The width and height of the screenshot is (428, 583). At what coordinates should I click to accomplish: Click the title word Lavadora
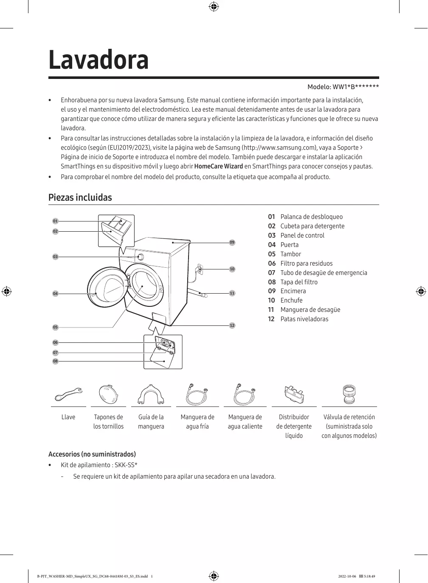pyautogui.click(x=99, y=60)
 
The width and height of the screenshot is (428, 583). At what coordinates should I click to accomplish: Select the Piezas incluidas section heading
pyautogui.click(x=80, y=197)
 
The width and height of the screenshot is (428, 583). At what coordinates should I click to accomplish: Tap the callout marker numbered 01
pyautogui.click(x=55, y=221)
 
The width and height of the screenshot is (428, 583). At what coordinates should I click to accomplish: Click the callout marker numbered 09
pyautogui.click(x=232, y=242)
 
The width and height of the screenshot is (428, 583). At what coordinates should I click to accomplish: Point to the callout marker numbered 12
pyautogui.click(x=232, y=325)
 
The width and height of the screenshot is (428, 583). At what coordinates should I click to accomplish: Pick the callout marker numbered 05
pyautogui.click(x=55, y=327)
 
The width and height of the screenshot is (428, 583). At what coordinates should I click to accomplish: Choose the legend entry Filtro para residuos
pyautogui.click(x=306, y=263)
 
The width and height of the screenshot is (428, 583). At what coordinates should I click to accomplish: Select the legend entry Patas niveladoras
pyautogui.click(x=304, y=319)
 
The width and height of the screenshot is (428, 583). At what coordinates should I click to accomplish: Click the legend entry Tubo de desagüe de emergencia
pyautogui.click(x=324, y=273)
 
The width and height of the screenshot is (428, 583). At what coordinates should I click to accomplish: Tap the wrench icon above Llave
pyautogui.click(x=68, y=394)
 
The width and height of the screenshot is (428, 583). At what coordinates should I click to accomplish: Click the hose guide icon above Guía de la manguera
pyautogui.click(x=151, y=395)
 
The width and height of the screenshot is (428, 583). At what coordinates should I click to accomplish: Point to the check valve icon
pyautogui.click(x=349, y=395)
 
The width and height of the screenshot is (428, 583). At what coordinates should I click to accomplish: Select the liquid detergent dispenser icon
pyautogui.click(x=294, y=395)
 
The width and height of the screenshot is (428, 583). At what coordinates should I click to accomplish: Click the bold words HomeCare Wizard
pyautogui.click(x=218, y=166)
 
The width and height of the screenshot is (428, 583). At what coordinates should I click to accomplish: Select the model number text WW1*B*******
pyautogui.click(x=355, y=87)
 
